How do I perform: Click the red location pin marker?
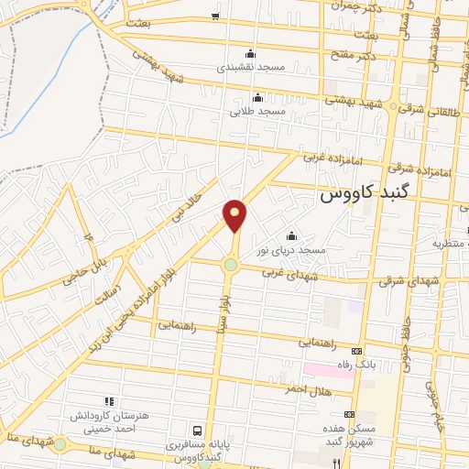pos(234,217)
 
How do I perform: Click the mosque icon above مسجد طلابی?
pos(257,98)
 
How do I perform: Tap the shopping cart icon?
pos(215,16)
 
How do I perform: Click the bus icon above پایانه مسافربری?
pos(198,431)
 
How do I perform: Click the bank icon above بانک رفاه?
pos(357,351)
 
